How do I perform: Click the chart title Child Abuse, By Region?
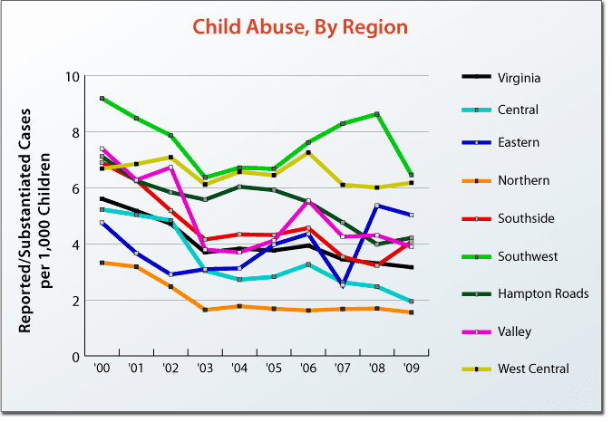pyautogui.click(x=300, y=27)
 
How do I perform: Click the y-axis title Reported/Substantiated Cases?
pyautogui.click(x=27, y=215)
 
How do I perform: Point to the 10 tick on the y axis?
pyautogui.click(x=73, y=77)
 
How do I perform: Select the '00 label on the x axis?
pyautogui.click(x=102, y=370)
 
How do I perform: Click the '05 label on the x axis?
pyautogui.click(x=275, y=370)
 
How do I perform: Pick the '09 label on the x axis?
pyautogui.click(x=412, y=370)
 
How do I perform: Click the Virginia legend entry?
pyautogui.click(x=519, y=78)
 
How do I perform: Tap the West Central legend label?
pyautogui.click(x=533, y=369)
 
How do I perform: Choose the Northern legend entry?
pyautogui.click(x=523, y=180)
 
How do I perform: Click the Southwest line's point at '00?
pyautogui.click(x=102, y=98)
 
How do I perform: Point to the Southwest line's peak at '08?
pyautogui.click(x=377, y=114)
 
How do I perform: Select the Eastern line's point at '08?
pyautogui.click(x=377, y=206)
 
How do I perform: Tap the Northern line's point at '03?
pyautogui.click(x=206, y=310)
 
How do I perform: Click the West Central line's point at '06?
pyautogui.click(x=308, y=153)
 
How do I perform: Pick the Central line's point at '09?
pyautogui.click(x=412, y=302)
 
